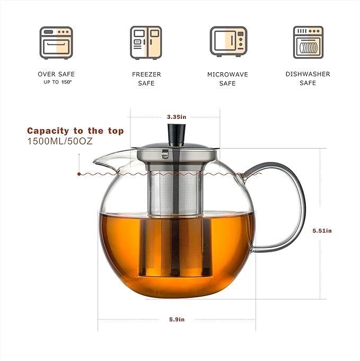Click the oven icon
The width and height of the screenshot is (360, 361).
click(56, 41)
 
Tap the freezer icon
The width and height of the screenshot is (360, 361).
click(146, 41)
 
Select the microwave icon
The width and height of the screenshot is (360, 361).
click(228, 41)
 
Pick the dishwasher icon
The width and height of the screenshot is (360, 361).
click(308, 41)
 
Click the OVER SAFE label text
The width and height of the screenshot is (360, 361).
click(56, 74)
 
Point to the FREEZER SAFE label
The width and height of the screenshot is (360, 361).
click(146, 79)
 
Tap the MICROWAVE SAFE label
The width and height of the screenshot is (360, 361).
click(227, 79)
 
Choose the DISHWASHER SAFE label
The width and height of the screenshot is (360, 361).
click(308, 79)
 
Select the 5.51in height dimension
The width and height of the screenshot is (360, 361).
click(322, 230)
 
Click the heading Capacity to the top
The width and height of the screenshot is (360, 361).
click(75, 131)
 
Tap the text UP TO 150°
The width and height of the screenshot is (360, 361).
click(56, 82)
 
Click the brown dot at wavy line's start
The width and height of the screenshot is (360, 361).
click(79, 174)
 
